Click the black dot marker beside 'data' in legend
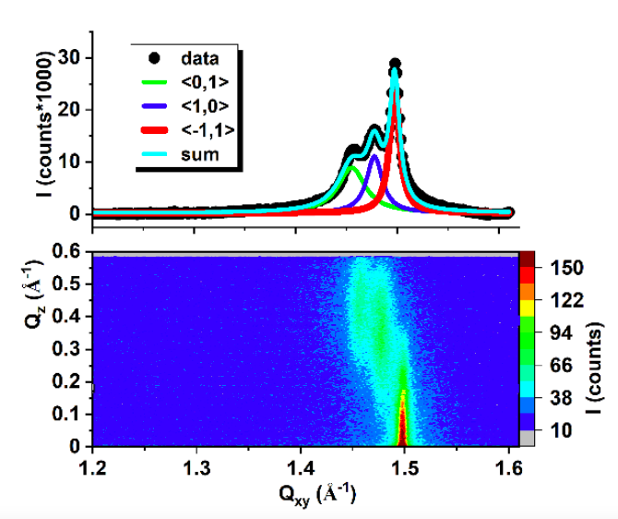155,58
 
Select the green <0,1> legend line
154,82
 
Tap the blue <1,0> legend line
154,106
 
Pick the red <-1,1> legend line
154,130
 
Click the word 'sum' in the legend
200,155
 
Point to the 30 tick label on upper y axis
69,58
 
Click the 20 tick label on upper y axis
69,110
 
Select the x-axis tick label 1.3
196,468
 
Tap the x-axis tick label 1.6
509,468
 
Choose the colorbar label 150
566,268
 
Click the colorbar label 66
561,366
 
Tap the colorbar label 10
561,430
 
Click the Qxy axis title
317,495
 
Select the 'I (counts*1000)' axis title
44,124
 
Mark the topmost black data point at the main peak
396,64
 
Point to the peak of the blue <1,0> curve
374,156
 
